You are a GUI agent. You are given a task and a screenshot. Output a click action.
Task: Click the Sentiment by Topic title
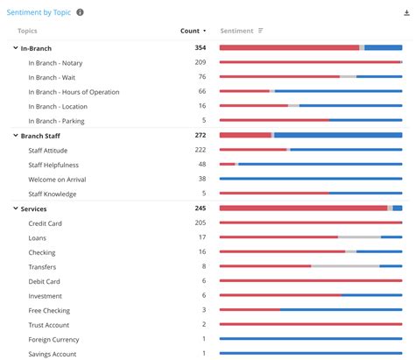tap(38, 12)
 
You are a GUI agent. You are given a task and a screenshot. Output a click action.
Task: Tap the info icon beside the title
tap(81, 12)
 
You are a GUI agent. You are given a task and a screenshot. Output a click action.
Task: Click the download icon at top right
tap(404, 12)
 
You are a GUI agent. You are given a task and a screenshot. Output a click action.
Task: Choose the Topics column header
tap(27, 31)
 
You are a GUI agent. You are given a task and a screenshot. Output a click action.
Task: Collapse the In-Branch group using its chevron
tap(15, 48)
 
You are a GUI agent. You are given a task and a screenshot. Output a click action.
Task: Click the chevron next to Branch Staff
tap(15, 136)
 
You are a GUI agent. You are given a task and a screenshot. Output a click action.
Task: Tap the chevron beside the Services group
tap(15, 208)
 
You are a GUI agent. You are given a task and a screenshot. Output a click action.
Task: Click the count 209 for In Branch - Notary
tap(200, 62)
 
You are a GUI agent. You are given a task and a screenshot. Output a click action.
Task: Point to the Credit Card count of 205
tap(200, 223)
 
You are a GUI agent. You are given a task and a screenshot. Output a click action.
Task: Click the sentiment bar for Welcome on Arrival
tap(310, 179)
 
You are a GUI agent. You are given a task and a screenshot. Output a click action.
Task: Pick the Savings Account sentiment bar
tap(310, 354)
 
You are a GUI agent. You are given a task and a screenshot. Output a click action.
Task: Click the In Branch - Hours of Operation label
tap(74, 91)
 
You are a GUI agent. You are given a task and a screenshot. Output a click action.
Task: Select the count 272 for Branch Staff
tap(200, 136)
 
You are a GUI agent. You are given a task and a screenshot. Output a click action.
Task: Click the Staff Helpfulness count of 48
tap(201, 165)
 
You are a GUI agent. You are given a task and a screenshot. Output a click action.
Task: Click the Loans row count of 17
tap(201, 237)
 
